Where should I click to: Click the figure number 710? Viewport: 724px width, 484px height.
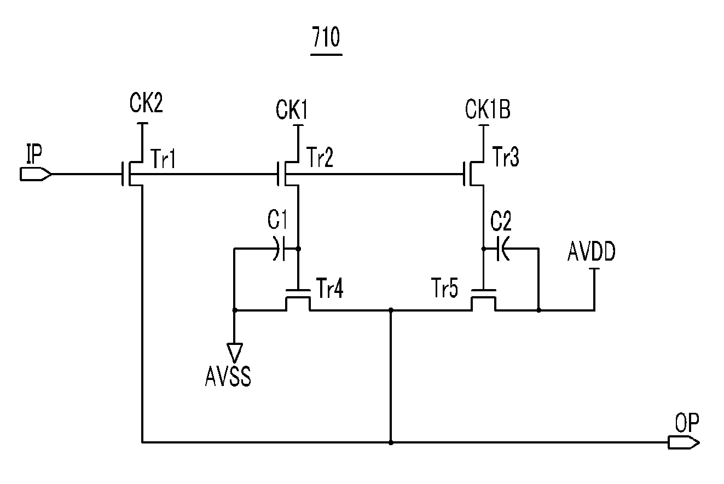point(326,37)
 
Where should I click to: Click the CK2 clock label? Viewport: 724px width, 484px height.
point(146,103)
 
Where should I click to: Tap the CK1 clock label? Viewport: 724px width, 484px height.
point(292,110)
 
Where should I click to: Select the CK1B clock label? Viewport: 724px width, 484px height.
point(488,110)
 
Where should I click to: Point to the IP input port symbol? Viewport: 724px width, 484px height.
point(36,174)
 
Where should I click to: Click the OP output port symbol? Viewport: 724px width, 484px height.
point(684,442)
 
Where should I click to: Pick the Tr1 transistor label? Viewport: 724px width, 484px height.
point(163,159)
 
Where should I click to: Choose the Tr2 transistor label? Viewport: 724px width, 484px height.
point(320,157)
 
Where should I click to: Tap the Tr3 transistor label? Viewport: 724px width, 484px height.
point(506,157)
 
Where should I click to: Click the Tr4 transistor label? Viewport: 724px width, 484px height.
point(329,288)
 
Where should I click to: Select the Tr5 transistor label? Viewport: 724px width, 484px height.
point(445,288)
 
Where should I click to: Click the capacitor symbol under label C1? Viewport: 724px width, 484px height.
point(280,249)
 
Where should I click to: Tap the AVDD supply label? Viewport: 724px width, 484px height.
point(592,251)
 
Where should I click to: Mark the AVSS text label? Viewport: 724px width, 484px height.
point(228,377)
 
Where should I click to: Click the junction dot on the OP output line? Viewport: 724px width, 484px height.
point(391,442)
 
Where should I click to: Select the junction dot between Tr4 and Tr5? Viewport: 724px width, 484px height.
point(391,310)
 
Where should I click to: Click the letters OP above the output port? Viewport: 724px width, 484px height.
point(687,423)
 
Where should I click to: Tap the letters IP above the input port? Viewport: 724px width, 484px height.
point(34,154)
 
